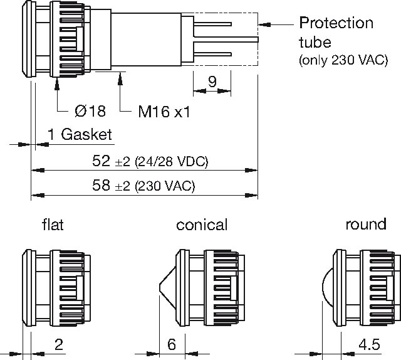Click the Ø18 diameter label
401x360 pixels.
(90, 111)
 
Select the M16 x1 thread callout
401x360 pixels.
(164, 112)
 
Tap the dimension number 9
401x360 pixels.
(212, 82)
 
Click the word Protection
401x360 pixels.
(336, 23)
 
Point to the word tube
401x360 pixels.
(315, 42)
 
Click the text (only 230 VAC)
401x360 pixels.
(343, 60)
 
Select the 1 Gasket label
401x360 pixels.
(80, 134)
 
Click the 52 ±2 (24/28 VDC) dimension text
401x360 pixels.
(150, 161)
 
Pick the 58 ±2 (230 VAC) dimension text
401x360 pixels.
(143, 186)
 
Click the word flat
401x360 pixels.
(53, 225)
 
